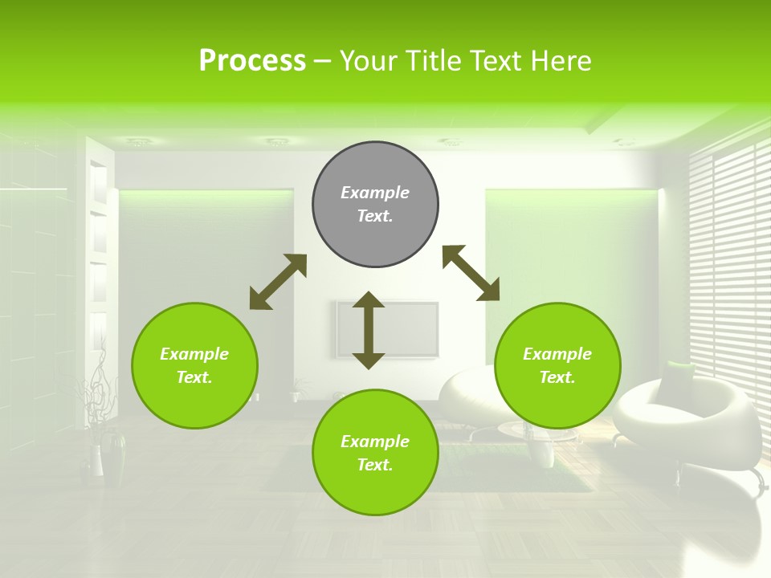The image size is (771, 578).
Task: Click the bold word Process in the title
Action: tap(252, 61)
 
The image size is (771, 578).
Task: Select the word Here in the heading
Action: tap(560, 61)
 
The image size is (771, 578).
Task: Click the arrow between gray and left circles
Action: tap(278, 282)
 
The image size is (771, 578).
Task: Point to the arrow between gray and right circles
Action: tap(471, 273)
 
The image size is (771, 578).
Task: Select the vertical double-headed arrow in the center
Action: tap(369, 330)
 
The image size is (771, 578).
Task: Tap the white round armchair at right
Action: tap(691, 421)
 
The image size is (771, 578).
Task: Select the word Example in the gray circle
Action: tap(375, 193)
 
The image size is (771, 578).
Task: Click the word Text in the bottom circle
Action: tap(373, 465)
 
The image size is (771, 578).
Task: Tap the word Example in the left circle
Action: tap(194, 354)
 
